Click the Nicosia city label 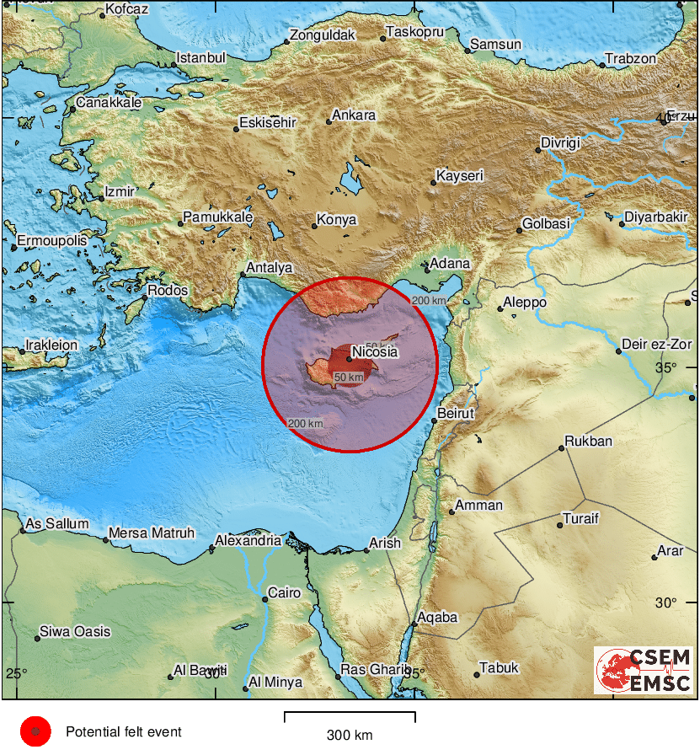pos(375,351)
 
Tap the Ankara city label pos(354,115)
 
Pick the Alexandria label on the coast pos(248,540)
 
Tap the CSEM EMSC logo pos(644,670)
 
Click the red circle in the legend pos(35,732)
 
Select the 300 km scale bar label pos(350,735)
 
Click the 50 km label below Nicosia pos(349,377)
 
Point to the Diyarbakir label pos(655,217)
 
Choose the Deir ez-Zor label pos(656,345)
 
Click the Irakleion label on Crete pos(52,345)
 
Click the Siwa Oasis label pos(75,631)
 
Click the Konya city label pos(336,220)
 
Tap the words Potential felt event pos(124,732)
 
